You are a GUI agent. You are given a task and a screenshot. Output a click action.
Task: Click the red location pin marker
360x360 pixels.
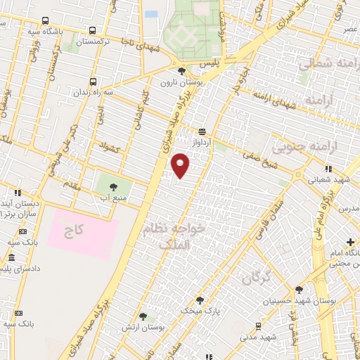[181, 165]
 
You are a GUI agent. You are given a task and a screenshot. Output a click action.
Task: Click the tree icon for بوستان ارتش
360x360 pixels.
[143, 318]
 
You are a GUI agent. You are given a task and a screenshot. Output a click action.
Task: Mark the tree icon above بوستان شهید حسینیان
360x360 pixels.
[300, 290]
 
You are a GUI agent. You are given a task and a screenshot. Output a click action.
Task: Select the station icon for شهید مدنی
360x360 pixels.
[259, 326]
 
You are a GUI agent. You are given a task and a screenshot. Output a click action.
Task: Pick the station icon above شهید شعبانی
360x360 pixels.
[328, 169]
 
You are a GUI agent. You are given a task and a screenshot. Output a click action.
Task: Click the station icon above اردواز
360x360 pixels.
[202, 131]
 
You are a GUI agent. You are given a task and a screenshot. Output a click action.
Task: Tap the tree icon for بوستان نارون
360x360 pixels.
[182, 71]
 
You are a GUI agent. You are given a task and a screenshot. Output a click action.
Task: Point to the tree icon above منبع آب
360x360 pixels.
[113, 186]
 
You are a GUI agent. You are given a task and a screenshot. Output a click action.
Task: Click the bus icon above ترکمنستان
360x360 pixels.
[92, 30]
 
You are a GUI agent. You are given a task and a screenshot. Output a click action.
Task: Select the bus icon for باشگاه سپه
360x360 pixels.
[46, 20]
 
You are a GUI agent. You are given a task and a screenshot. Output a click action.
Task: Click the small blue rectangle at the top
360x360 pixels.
[151, 13]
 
